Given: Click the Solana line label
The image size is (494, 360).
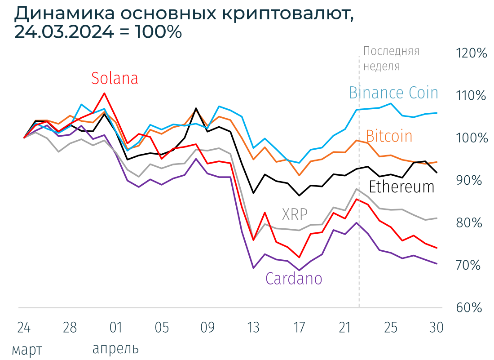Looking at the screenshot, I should [115, 78].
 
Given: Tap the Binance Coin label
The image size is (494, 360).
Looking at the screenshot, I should [393, 93].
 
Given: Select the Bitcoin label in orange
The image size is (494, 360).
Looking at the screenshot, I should [389, 136].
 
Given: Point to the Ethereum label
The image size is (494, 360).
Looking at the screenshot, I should [401, 187].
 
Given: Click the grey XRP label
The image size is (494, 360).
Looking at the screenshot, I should [295, 214].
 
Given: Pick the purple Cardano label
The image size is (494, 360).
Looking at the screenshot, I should [294, 279].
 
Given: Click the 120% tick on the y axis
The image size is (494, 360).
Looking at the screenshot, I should [471, 53].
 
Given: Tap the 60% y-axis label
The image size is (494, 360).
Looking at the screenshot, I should [470, 307].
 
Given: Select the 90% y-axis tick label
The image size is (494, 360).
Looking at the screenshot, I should [470, 180].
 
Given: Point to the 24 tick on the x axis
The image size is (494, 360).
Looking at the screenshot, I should [24, 328].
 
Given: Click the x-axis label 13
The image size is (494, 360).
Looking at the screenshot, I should [253, 328].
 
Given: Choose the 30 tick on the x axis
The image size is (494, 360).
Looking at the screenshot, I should [437, 328].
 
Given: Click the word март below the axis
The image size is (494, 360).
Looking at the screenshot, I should [27, 349].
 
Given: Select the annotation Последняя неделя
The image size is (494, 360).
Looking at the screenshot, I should [391, 58].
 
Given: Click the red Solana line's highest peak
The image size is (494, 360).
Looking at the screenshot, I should [104, 93].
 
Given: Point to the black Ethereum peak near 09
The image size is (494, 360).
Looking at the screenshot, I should [196, 108].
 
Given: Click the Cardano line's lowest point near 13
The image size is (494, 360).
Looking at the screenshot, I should [254, 268].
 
